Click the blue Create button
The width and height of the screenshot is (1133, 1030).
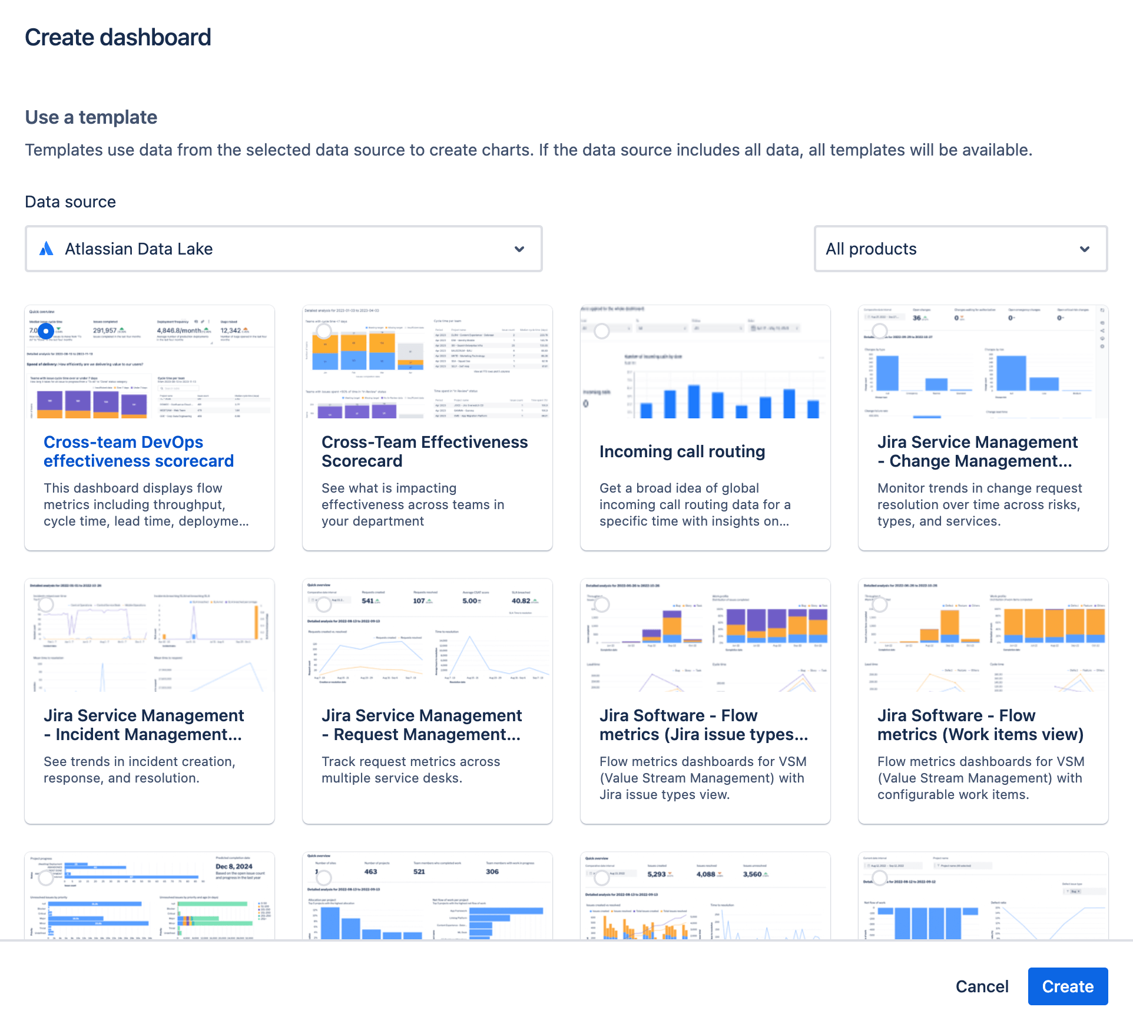[1067, 986]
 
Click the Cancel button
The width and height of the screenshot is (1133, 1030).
[982, 986]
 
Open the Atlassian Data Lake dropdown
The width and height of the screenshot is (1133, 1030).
[283, 249]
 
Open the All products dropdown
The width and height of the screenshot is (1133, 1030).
[960, 249]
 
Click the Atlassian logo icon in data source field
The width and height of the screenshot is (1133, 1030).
[47, 249]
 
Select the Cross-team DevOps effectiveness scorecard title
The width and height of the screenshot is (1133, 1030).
[138, 451]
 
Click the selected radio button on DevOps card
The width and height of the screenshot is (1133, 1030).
[46, 331]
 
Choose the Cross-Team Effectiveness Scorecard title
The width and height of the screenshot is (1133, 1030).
[424, 451]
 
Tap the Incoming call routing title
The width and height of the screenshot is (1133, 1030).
[682, 451]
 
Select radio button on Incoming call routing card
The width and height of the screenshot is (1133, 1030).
[601, 331]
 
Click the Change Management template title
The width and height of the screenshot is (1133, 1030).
[978, 451]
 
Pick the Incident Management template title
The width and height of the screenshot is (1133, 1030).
[143, 725]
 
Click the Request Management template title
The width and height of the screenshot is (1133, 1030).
[421, 725]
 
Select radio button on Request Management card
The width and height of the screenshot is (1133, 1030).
[323, 605]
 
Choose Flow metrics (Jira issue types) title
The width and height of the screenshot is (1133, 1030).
[703, 725]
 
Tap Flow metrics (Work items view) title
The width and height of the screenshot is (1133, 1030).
[980, 725]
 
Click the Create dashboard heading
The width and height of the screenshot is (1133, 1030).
[118, 37]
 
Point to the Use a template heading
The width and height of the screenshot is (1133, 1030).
[91, 117]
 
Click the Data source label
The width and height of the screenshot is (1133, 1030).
[70, 202]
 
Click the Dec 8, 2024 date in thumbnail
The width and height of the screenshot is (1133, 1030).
[234, 866]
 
